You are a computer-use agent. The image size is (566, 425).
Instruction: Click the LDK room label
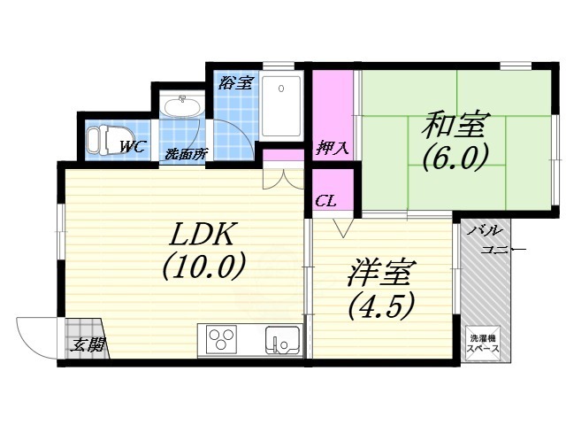(202, 236)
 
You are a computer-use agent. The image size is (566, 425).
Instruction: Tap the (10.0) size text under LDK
(202, 267)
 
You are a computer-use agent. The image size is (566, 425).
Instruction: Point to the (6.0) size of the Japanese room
(455, 158)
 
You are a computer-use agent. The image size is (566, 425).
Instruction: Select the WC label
(133, 147)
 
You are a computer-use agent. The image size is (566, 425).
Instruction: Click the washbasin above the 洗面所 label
(184, 109)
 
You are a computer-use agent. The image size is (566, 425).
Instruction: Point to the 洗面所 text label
(185, 153)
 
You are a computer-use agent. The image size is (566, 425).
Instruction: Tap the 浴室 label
(236, 83)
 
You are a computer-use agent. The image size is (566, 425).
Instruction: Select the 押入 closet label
(333, 148)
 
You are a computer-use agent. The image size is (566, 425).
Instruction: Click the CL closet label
(325, 201)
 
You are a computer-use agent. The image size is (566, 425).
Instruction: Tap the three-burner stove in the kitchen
(221, 339)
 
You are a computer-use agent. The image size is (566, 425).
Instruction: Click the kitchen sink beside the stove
(283, 339)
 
